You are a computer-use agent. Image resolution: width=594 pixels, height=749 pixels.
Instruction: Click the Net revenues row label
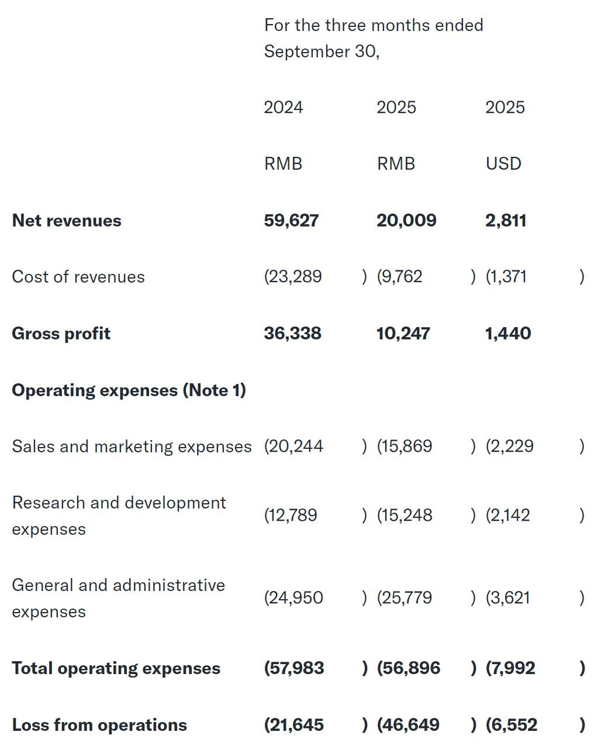(x=67, y=221)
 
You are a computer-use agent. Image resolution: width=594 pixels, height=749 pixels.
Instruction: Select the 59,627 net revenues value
(x=291, y=221)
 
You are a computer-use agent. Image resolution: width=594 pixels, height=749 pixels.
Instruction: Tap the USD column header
(x=503, y=163)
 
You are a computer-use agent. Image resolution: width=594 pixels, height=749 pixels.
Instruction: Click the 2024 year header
(x=284, y=107)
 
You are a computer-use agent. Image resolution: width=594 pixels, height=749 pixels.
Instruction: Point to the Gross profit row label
(x=61, y=334)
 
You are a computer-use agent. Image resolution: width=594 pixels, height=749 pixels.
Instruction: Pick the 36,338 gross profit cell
(x=292, y=334)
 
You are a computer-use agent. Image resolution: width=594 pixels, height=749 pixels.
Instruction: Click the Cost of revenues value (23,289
(x=293, y=276)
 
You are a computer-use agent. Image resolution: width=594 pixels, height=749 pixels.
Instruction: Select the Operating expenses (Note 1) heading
(x=129, y=390)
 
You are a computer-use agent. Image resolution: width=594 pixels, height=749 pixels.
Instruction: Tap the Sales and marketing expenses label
(x=132, y=446)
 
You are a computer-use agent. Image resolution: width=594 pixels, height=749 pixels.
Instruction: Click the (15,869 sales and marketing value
(x=405, y=446)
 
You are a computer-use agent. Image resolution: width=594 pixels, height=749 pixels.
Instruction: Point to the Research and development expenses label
(x=119, y=516)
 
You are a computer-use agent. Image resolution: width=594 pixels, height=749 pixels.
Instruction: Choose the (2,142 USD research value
(x=508, y=516)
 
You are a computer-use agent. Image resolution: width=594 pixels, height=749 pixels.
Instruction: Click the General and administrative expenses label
(x=118, y=598)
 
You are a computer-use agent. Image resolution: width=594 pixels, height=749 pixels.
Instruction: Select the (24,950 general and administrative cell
(x=293, y=598)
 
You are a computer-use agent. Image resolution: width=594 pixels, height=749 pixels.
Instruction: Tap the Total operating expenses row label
(x=116, y=668)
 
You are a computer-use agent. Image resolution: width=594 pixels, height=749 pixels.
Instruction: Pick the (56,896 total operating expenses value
(x=409, y=668)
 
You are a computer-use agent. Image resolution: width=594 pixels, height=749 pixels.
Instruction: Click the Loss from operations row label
(x=99, y=725)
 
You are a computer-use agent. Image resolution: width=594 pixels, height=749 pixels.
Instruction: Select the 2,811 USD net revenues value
(x=506, y=221)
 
